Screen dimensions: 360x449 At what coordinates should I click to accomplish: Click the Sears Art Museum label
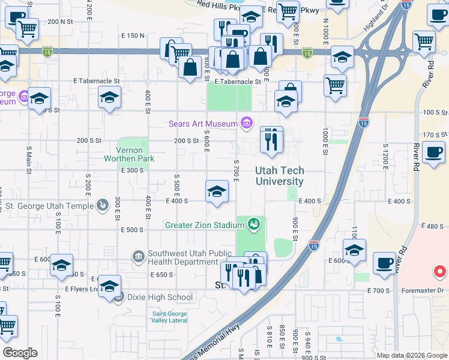(x=203, y=124)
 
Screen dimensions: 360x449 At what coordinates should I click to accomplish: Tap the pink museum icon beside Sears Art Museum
(x=246, y=124)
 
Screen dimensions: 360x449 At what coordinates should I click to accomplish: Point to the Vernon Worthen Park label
(x=129, y=154)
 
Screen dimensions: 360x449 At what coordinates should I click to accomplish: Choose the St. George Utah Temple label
(x=49, y=206)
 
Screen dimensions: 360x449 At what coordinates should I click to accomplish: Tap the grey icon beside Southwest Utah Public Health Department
(x=139, y=257)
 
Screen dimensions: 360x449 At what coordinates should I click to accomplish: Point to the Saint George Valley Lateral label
(x=169, y=317)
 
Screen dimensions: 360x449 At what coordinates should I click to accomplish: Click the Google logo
(x=20, y=353)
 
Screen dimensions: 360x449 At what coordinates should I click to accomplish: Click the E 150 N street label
(x=133, y=36)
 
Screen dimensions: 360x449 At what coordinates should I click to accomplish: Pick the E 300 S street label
(x=133, y=170)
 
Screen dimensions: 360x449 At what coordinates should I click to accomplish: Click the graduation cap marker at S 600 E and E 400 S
(x=217, y=193)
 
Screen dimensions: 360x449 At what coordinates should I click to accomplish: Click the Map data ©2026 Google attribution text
(x=412, y=355)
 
